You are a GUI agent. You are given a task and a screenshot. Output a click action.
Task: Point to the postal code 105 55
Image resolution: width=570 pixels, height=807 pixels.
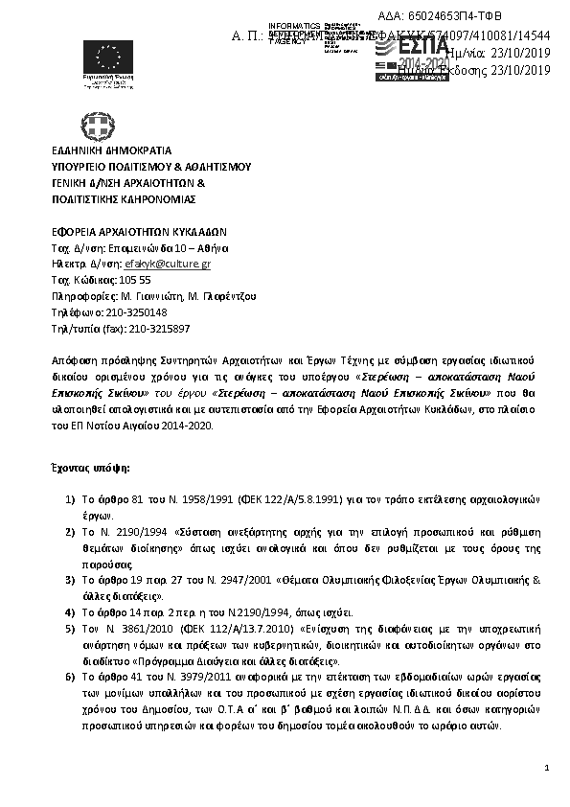[133, 280]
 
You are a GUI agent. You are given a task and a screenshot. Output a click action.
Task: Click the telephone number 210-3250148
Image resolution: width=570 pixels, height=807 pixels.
[125, 312]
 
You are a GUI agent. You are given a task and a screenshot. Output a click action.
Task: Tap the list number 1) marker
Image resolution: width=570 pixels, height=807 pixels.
[70, 499]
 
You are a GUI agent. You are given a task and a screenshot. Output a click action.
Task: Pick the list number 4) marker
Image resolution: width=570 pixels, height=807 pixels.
[70, 612]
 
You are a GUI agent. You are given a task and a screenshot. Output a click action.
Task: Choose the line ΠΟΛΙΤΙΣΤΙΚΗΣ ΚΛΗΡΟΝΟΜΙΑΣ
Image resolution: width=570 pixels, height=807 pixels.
[124, 199]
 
